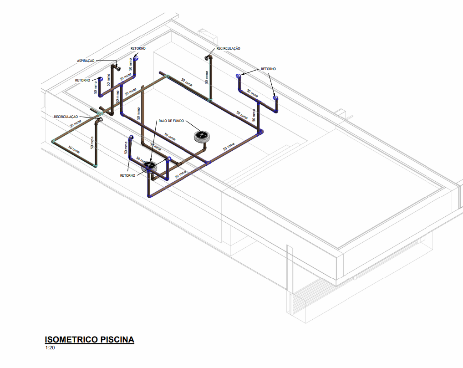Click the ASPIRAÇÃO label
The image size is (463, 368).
[86, 61]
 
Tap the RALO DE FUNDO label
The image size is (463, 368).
[171, 121]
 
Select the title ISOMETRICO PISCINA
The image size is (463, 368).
[89, 340]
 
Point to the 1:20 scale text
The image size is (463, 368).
[50, 348]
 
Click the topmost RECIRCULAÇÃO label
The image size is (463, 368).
[228, 48]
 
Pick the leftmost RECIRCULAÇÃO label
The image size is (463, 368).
[66, 117]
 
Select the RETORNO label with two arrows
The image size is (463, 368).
[268, 69]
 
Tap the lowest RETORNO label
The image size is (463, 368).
[128, 175]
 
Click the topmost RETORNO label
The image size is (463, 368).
[138, 48]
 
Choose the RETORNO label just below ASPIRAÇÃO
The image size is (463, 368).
[82, 81]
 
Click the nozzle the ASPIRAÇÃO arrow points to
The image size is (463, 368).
[118, 68]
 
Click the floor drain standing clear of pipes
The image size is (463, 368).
[201, 136]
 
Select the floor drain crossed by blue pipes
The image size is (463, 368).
[150, 167]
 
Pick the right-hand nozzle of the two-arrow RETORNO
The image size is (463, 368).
[275, 98]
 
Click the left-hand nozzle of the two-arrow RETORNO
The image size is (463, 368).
[238, 76]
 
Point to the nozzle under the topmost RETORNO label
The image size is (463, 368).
[136, 58]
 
